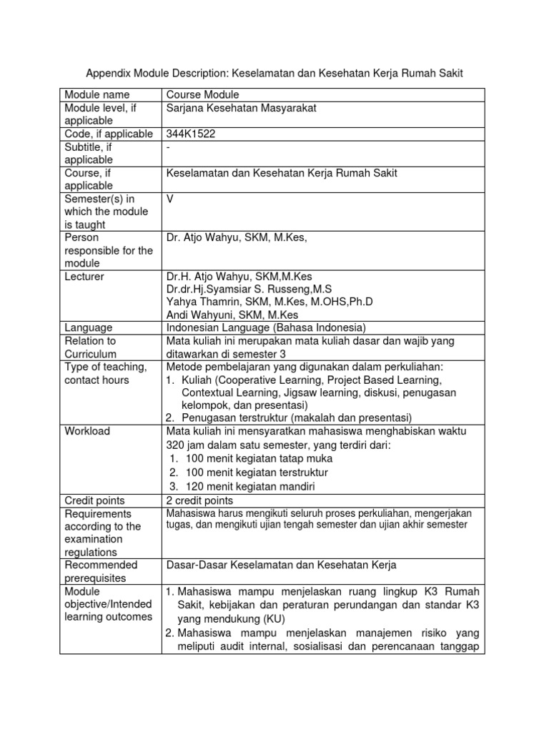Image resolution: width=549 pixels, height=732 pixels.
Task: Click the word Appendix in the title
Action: pyautogui.click(x=108, y=74)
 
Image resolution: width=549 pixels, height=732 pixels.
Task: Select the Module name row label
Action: pyautogui.click(x=97, y=94)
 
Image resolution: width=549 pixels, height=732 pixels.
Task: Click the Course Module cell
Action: pyautogui.click(x=202, y=94)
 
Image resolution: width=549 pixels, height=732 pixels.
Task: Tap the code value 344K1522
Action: pyautogui.click(x=191, y=134)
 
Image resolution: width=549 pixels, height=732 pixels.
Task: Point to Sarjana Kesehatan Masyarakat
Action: pyautogui.click(x=240, y=108)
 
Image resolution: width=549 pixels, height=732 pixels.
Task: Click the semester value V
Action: pyautogui.click(x=170, y=199)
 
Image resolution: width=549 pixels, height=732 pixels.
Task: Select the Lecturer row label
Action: pyautogui.click(x=84, y=277)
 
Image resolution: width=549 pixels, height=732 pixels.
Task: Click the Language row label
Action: pyautogui.click(x=89, y=327)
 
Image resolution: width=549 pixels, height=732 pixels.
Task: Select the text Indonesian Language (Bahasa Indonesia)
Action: pyautogui.click(x=265, y=327)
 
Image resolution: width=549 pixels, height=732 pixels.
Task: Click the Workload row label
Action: pyautogui.click(x=87, y=431)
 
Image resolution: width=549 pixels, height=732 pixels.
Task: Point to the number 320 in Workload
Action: pyautogui.click(x=175, y=445)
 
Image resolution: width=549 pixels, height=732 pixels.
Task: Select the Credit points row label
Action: pyautogui.click(x=94, y=500)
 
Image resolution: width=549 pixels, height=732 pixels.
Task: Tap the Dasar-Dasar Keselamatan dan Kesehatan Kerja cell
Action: pyautogui.click(x=280, y=565)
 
